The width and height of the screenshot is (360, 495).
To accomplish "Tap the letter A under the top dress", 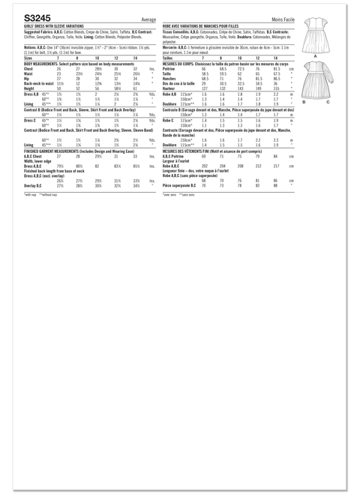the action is point(316,55).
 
